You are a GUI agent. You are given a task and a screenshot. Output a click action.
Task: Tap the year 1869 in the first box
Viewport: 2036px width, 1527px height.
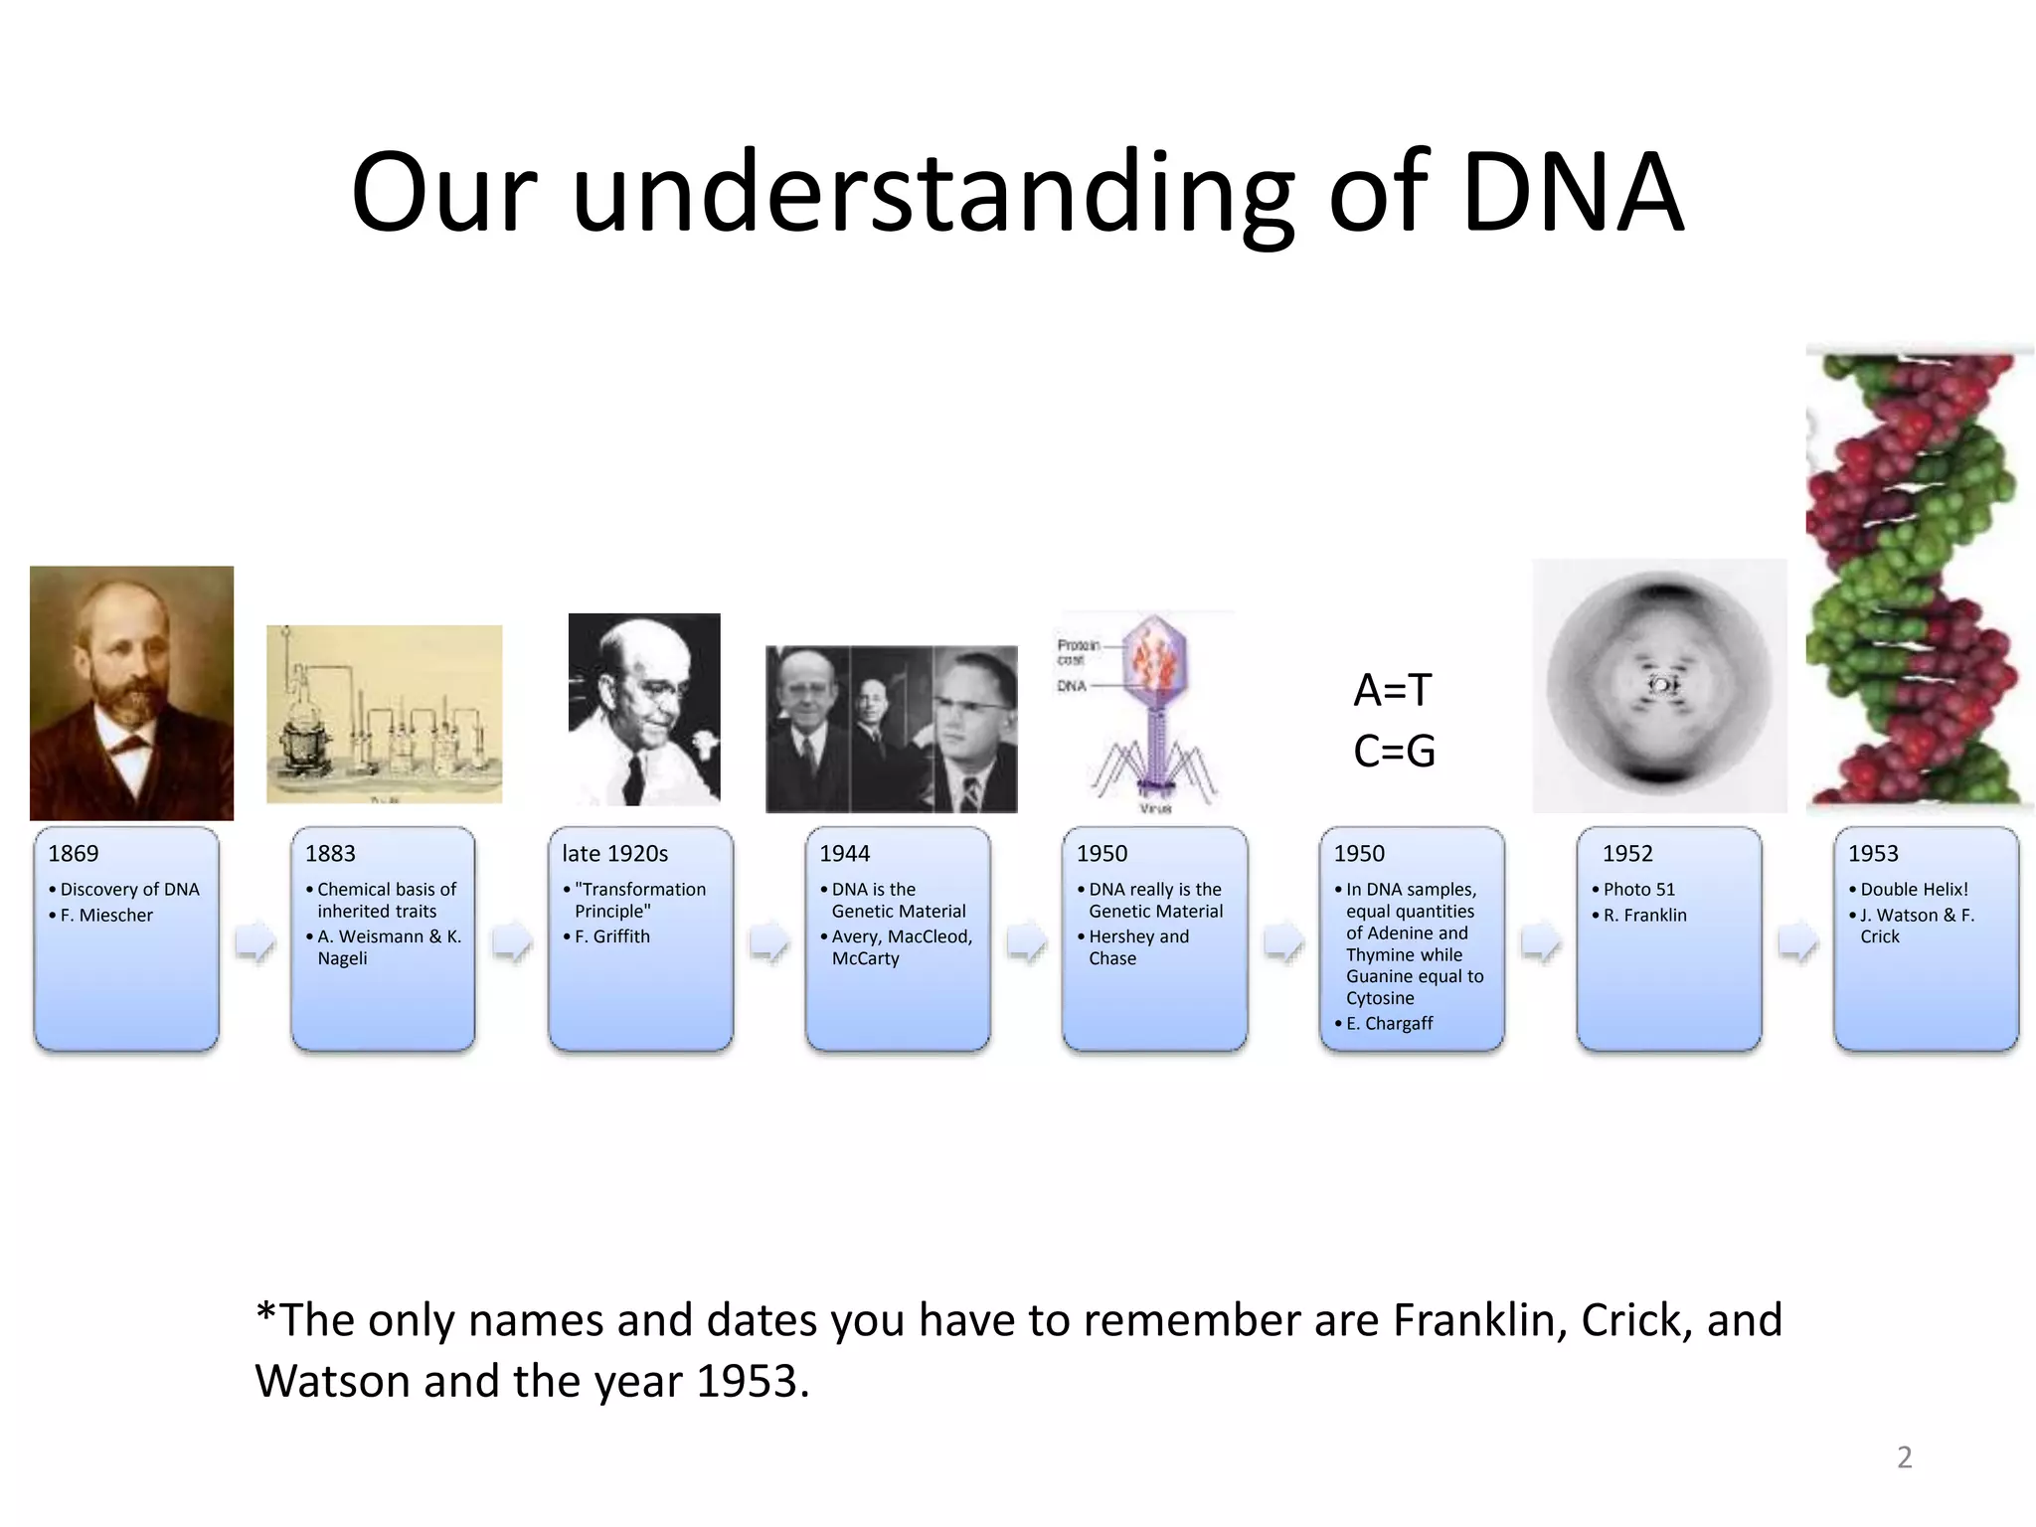[x=74, y=853]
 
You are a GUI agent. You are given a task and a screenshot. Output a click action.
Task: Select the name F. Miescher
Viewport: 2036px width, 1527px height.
[x=106, y=915]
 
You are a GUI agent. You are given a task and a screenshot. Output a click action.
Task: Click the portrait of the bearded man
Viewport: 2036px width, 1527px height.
[x=131, y=693]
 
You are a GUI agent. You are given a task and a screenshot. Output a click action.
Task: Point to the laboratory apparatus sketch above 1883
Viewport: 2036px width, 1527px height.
[x=384, y=714]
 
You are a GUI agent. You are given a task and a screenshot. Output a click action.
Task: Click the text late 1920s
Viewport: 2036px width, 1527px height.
[x=614, y=853]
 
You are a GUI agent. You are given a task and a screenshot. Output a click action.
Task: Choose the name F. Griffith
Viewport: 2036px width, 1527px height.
[x=611, y=936]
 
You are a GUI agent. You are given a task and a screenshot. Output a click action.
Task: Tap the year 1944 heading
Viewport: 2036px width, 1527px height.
[x=844, y=853]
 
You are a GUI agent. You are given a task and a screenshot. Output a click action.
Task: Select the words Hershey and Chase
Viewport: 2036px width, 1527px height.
[x=1138, y=947]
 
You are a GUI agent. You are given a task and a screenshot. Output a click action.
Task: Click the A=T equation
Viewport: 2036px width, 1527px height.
[x=1392, y=690]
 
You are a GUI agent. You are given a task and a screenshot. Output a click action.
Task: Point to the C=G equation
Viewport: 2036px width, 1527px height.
[x=1394, y=751]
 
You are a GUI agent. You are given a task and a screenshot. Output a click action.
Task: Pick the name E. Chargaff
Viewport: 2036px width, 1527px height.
[x=1389, y=1023]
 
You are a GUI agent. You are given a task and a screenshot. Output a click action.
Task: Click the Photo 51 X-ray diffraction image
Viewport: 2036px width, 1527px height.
[x=1659, y=686]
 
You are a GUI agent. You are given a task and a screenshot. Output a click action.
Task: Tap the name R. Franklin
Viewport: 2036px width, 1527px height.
[x=1644, y=915]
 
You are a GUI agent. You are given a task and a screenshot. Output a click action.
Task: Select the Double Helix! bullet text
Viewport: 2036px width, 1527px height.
[x=1914, y=889]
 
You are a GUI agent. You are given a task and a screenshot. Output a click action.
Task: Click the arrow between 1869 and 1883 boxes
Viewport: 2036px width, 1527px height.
[x=255, y=941]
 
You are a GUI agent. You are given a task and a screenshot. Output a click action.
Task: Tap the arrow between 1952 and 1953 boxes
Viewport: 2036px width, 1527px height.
[x=1798, y=941]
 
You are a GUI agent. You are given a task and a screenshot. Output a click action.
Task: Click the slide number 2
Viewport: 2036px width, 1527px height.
[x=1904, y=1457]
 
